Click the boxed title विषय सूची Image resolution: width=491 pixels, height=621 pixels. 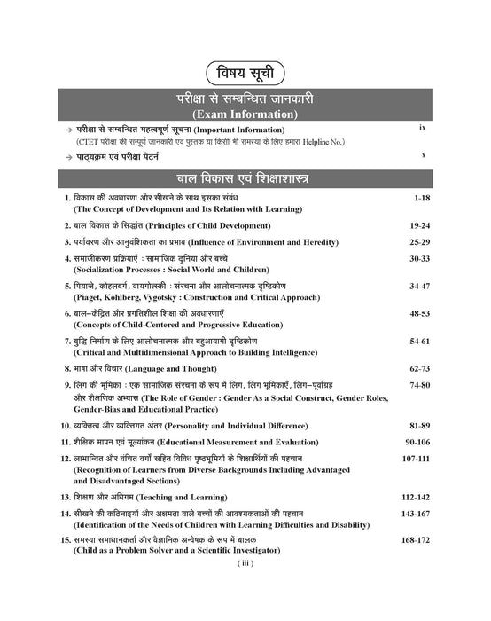pyautogui.click(x=245, y=73)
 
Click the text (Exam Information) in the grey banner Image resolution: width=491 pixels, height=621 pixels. pyautogui.click(x=245, y=115)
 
